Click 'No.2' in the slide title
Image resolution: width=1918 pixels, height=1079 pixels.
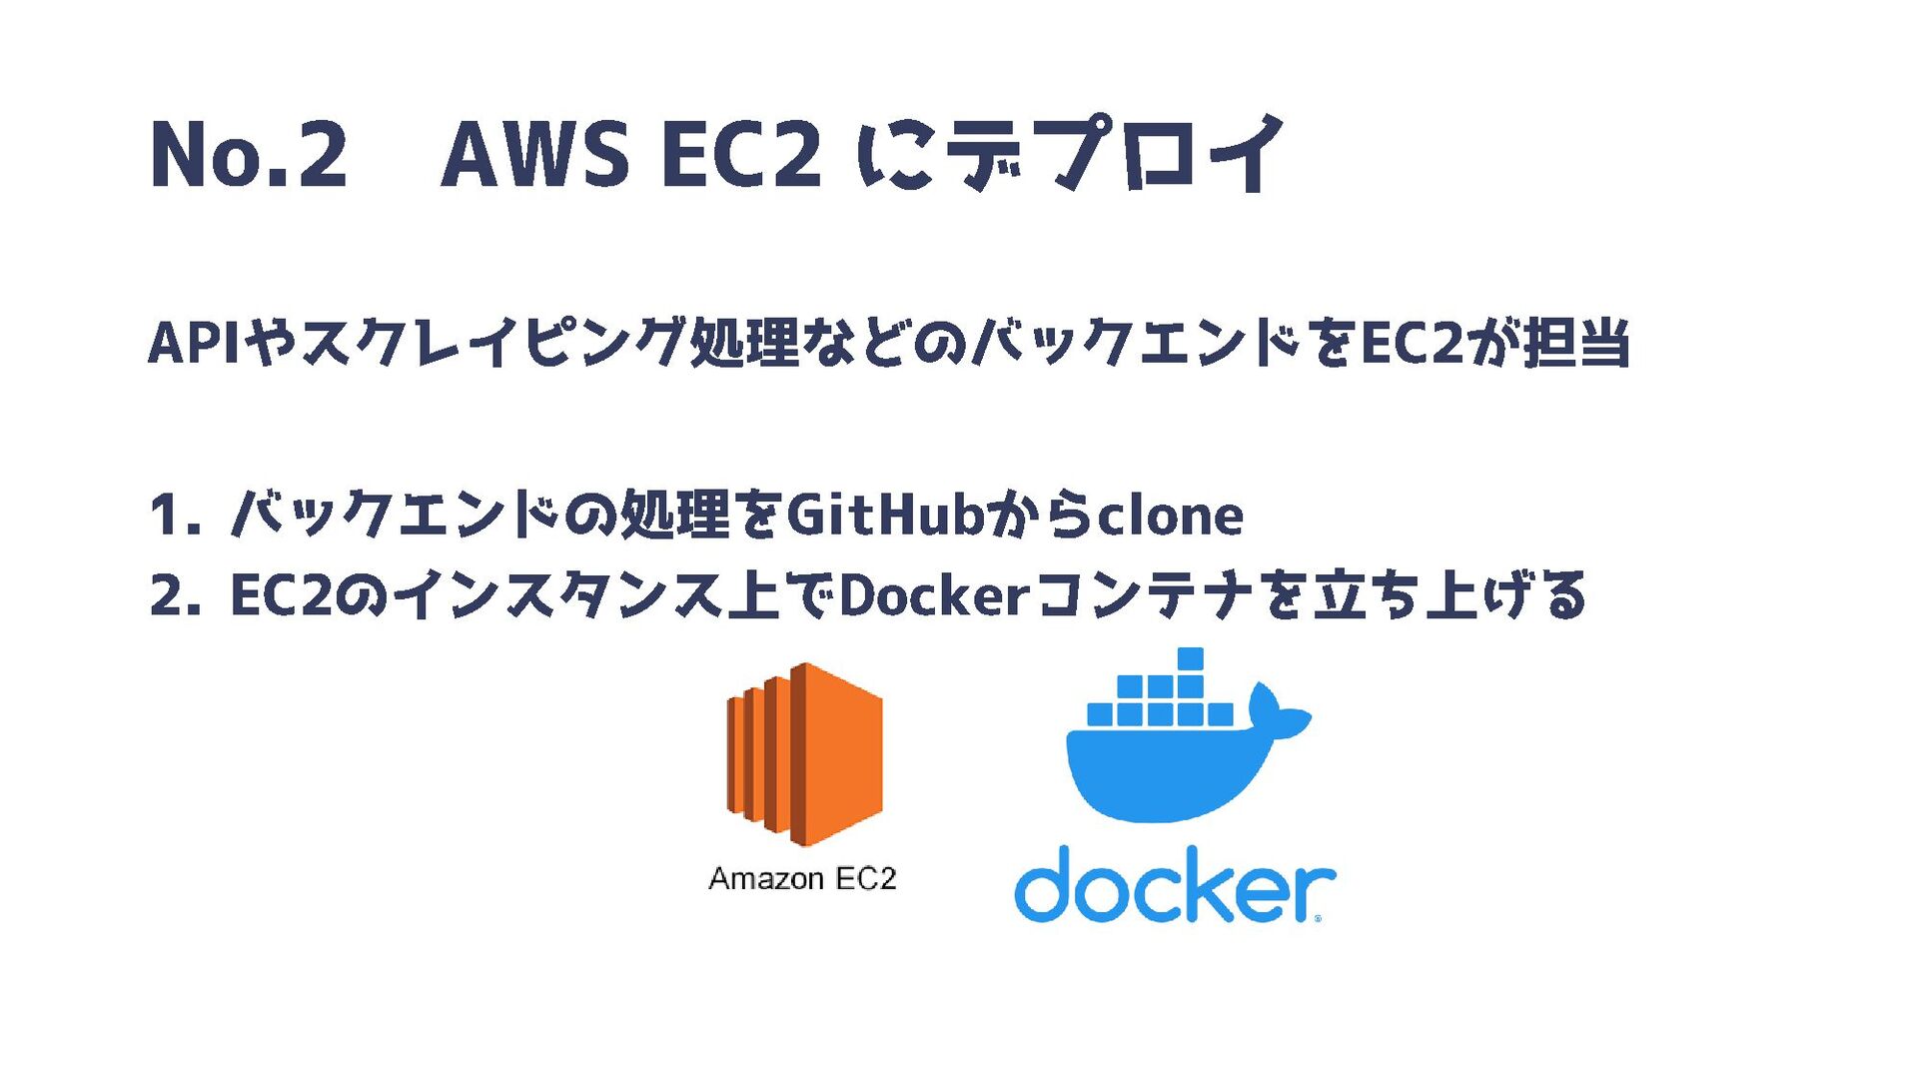(x=249, y=155)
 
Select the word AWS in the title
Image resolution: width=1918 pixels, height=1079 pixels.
(x=535, y=155)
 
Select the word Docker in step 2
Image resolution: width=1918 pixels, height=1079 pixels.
(x=934, y=596)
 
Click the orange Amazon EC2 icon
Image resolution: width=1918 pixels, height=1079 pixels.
(x=804, y=755)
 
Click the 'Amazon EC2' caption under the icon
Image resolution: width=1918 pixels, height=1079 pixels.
(x=802, y=879)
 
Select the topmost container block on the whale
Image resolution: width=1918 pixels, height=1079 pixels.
(x=1190, y=658)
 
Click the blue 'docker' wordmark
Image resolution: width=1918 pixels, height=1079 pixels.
(x=1174, y=885)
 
